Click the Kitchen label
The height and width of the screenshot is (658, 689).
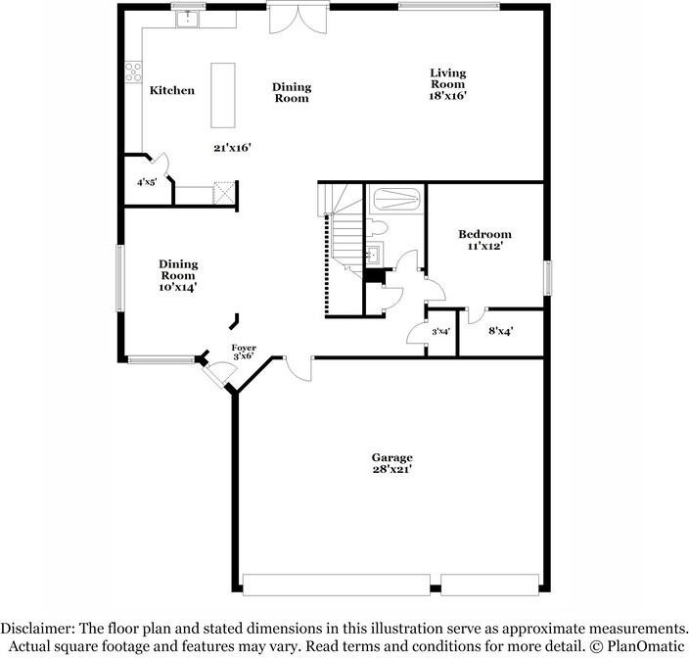coord(171,91)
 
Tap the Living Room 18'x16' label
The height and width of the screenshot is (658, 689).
coord(448,84)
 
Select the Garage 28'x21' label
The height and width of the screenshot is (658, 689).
coord(391,463)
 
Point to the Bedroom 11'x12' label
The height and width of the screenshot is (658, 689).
coord(485,240)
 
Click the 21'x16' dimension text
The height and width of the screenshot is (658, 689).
coord(233,148)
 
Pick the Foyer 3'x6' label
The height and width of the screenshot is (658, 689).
coord(244,352)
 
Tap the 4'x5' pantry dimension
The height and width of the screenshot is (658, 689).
coord(147,182)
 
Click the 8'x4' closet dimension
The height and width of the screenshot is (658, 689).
coord(501,331)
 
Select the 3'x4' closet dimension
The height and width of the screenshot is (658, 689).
coord(440,332)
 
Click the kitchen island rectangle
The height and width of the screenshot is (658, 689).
coord(223,95)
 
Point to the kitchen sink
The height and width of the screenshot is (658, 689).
coord(187,18)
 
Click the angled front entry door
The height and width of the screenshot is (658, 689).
coord(218,371)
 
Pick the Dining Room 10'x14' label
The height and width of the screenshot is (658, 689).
coord(179,275)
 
